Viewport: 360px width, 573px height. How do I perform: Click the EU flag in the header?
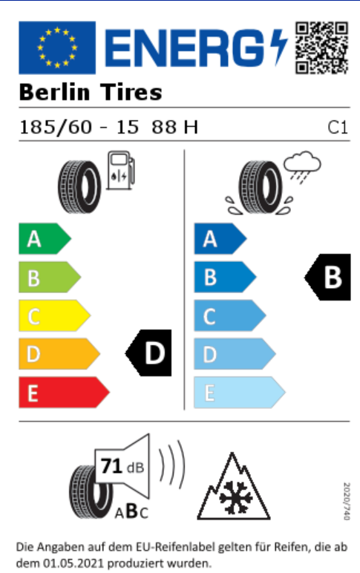click(x=57, y=48)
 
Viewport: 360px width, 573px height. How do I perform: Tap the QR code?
click(x=322, y=48)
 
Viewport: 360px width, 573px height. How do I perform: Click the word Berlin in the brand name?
click(x=54, y=92)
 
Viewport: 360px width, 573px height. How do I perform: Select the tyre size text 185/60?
click(x=56, y=127)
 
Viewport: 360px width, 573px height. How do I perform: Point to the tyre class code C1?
click(x=337, y=128)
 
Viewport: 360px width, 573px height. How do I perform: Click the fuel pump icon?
click(x=120, y=171)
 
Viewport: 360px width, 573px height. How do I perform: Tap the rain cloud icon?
click(x=302, y=167)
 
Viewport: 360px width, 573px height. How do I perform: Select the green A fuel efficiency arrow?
click(x=45, y=239)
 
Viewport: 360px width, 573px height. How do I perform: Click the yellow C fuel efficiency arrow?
click(x=54, y=315)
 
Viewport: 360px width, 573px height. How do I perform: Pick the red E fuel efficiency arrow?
click(x=64, y=393)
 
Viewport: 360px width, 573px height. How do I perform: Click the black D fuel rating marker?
click(x=148, y=353)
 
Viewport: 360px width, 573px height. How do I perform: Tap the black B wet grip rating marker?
click(x=328, y=278)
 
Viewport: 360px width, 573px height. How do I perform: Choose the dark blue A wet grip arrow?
click(x=220, y=239)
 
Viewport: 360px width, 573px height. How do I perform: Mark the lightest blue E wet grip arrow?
click(x=240, y=393)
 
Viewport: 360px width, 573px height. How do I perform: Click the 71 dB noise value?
click(x=122, y=467)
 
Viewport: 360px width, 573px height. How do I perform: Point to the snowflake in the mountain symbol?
click(x=236, y=497)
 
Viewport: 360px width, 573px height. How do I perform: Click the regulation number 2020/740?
click(x=347, y=501)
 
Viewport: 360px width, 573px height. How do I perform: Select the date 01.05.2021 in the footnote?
click(x=73, y=563)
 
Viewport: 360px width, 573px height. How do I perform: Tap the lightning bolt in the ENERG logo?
click(x=278, y=48)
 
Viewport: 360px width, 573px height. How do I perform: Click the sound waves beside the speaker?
click(x=171, y=464)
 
